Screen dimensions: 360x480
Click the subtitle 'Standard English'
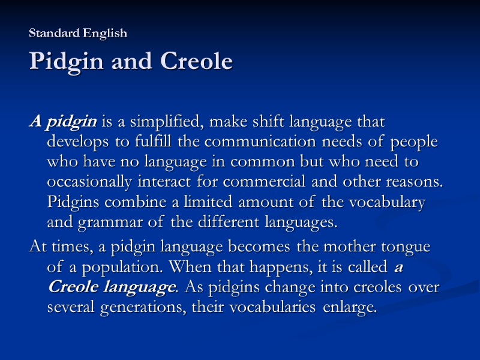point(78,34)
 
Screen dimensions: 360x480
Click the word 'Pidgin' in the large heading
point(66,61)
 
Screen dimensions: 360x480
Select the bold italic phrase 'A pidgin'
point(63,122)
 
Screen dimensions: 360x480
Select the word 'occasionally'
point(89,183)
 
